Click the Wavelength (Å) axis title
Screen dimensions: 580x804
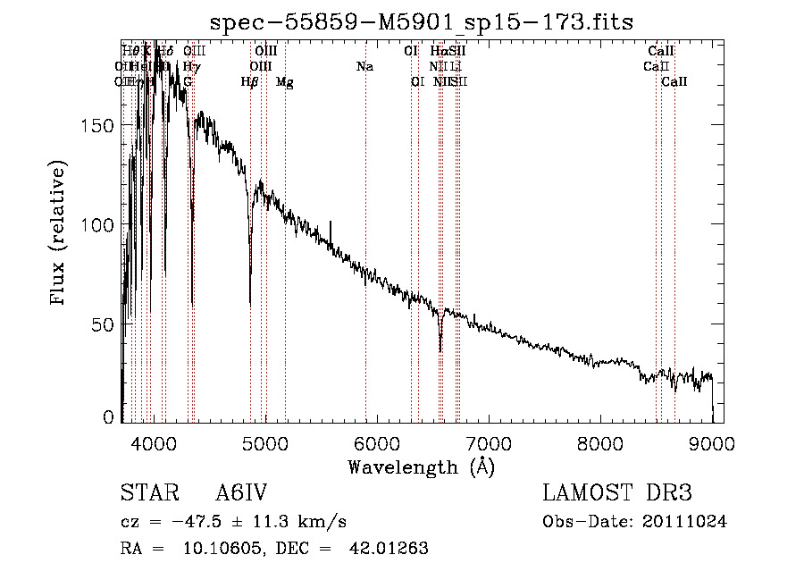click(421, 467)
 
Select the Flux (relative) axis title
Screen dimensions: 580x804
click(60, 234)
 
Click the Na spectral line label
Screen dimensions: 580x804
click(364, 66)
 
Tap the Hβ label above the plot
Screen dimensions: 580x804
click(250, 81)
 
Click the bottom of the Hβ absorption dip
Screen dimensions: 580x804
click(250, 304)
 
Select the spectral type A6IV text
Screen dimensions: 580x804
click(241, 493)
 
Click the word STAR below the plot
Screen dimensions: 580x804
click(146, 493)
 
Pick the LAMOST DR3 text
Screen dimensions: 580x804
click(617, 493)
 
